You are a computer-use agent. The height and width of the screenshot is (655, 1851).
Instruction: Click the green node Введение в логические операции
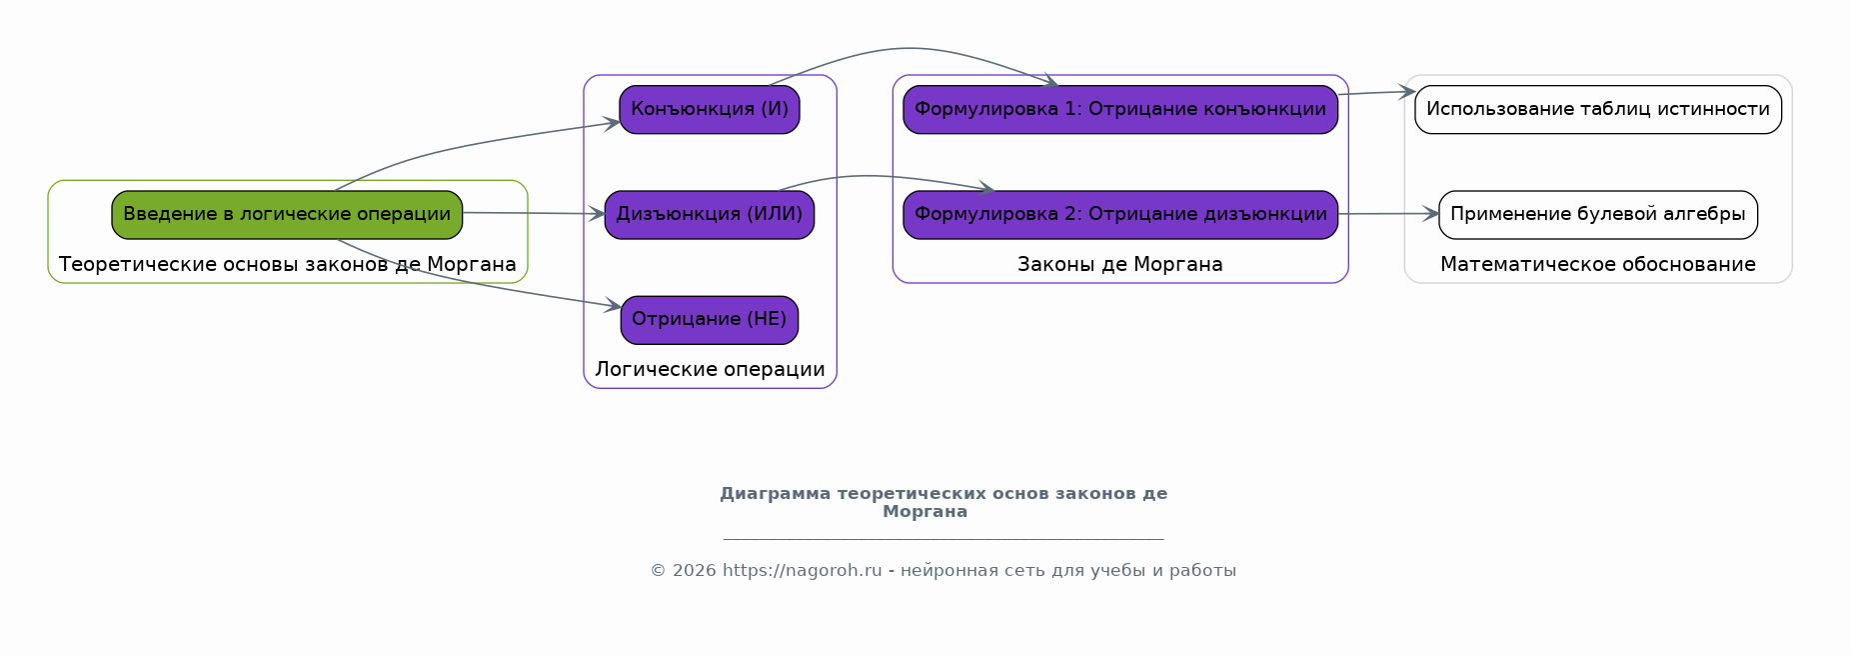pyautogui.click(x=287, y=215)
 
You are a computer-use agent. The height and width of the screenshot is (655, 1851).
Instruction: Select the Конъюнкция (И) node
pyautogui.click(x=710, y=110)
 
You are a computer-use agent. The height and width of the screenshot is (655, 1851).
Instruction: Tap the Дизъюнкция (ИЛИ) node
pyautogui.click(x=710, y=215)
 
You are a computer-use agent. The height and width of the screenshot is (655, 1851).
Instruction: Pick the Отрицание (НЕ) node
pyautogui.click(x=710, y=320)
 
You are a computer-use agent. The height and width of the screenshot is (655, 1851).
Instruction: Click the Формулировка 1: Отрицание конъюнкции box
pyautogui.click(x=1120, y=110)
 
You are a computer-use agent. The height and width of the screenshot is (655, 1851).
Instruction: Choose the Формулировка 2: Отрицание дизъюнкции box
pyautogui.click(x=1120, y=215)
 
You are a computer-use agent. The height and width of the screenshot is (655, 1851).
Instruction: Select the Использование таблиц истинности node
pyautogui.click(x=1598, y=110)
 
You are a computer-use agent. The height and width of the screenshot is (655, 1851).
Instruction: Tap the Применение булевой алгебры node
pyautogui.click(x=1598, y=215)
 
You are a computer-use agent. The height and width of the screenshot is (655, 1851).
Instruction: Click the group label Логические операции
pyautogui.click(x=710, y=370)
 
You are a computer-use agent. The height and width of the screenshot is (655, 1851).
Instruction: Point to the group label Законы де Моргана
pyautogui.click(x=1120, y=265)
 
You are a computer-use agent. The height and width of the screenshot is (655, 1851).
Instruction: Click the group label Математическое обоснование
pyautogui.click(x=1598, y=265)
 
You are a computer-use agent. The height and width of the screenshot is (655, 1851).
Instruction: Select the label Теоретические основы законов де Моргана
pyautogui.click(x=288, y=265)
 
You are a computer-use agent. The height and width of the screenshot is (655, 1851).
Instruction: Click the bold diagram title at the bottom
pyautogui.click(x=943, y=503)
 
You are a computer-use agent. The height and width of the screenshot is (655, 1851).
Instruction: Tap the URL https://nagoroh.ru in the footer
pyautogui.click(x=803, y=571)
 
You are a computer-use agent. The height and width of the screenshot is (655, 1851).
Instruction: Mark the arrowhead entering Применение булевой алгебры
pyautogui.click(x=1431, y=213)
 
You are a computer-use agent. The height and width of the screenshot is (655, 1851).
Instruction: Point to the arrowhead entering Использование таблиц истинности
pyautogui.click(x=1407, y=92)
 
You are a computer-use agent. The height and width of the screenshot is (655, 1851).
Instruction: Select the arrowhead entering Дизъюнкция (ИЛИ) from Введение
pyautogui.click(x=597, y=214)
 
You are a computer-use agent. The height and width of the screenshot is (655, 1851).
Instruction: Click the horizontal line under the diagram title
pyautogui.click(x=943, y=539)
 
